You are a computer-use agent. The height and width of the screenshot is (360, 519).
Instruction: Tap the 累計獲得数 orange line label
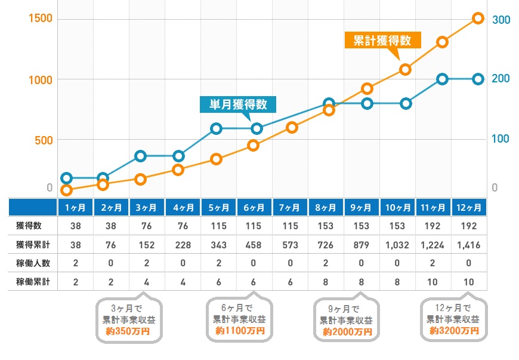pos(382,41)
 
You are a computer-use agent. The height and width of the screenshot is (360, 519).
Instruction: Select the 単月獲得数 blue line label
pos(238,104)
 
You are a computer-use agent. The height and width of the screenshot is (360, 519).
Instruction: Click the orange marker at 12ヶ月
pos(478,19)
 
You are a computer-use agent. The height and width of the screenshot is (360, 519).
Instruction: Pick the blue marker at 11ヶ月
pos(442,79)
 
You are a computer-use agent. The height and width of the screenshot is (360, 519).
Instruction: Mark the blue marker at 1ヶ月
pos(67,178)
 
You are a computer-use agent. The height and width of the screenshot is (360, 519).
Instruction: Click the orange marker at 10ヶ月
pos(406,69)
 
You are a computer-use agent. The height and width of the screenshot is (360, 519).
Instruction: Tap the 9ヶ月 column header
pos(362,208)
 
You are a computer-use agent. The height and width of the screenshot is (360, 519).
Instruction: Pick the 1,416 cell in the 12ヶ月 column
pos(469,244)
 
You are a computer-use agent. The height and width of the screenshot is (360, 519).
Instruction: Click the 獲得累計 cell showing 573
pos(290,244)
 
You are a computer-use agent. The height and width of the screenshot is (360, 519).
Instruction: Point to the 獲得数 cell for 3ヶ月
pos(147,226)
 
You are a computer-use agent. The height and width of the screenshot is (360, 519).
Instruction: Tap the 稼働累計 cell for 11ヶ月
pos(433,281)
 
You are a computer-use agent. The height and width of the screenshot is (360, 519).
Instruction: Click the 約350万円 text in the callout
pos(129,330)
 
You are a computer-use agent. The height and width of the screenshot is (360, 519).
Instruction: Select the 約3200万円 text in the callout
pos(454,330)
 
